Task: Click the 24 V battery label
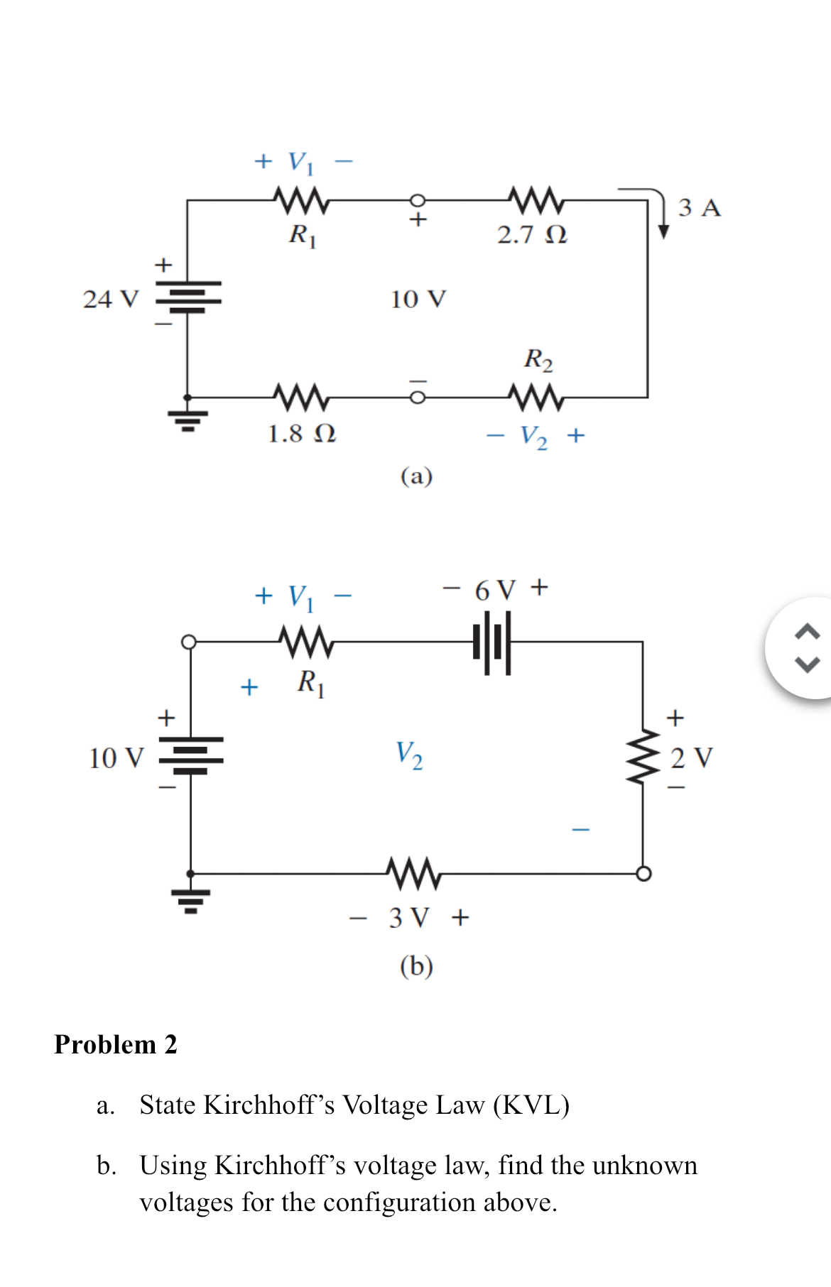click(111, 300)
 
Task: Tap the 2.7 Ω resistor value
click(532, 235)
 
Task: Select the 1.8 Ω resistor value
click(301, 434)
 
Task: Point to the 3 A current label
click(699, 208)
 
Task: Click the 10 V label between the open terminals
click(418, 300)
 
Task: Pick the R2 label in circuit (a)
click(538, 360)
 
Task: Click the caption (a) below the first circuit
click(416, 476)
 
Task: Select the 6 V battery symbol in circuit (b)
click(491, 642)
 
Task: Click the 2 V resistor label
click(691, 758)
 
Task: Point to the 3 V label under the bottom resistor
click(409, 918)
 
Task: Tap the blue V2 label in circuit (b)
click(409, 755)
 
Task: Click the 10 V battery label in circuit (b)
click(116, 758)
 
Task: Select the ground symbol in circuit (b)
click(190, 900)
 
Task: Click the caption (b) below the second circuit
click(416, 966)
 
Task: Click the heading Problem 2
click(116, 1045)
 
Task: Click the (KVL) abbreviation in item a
click(531, 1105)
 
